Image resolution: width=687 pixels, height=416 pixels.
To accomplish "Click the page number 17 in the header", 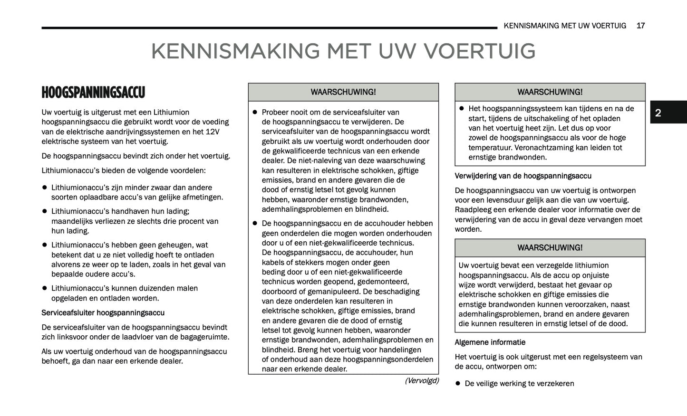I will (640, 26).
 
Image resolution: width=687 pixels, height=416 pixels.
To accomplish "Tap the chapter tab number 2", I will (658, 113).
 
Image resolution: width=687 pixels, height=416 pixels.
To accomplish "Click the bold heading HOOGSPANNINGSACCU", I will (93, 92).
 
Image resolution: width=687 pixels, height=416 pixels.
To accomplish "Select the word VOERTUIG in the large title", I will (479, 51).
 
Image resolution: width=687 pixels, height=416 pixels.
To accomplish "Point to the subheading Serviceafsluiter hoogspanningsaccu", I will (103, 313).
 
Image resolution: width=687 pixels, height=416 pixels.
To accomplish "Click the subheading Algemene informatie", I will (490, 342).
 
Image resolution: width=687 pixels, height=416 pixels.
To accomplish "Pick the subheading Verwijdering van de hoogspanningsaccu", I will (523, 176).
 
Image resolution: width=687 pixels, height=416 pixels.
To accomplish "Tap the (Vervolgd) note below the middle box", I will (422, 381).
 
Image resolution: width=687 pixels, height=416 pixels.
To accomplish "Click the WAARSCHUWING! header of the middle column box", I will (343, 92).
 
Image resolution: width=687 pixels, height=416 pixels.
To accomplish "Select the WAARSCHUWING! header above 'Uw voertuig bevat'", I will (550, 248).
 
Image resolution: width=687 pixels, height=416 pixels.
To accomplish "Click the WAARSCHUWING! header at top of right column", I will (550, 92).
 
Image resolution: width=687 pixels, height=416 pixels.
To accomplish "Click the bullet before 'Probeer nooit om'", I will (255, 113).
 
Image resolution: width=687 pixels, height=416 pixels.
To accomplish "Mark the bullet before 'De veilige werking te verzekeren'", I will (458, 383).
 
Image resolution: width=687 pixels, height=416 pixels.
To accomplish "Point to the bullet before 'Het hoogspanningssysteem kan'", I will (461, 109).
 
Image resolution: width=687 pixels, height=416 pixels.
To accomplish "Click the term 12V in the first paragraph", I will (213, 132).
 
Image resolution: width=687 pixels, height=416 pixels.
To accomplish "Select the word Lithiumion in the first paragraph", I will (171, 113).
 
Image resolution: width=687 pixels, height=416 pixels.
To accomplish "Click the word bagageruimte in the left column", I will (205, 337).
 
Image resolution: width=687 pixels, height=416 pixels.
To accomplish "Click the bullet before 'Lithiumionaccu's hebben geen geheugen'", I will (45, 245).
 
